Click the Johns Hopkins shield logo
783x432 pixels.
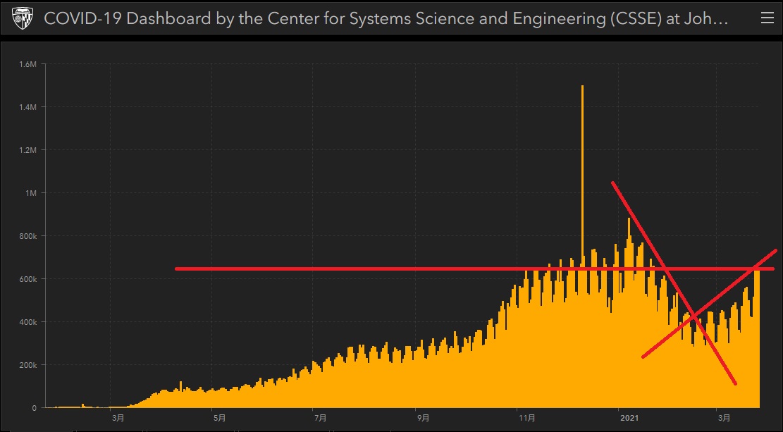[x=23, y=19]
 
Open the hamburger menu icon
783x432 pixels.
[x=767, y=19]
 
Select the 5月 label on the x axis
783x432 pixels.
[x=220, y=418]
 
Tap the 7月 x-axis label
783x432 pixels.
[x=320, y=418]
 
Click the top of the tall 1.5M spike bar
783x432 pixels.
[x=582, y=87]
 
